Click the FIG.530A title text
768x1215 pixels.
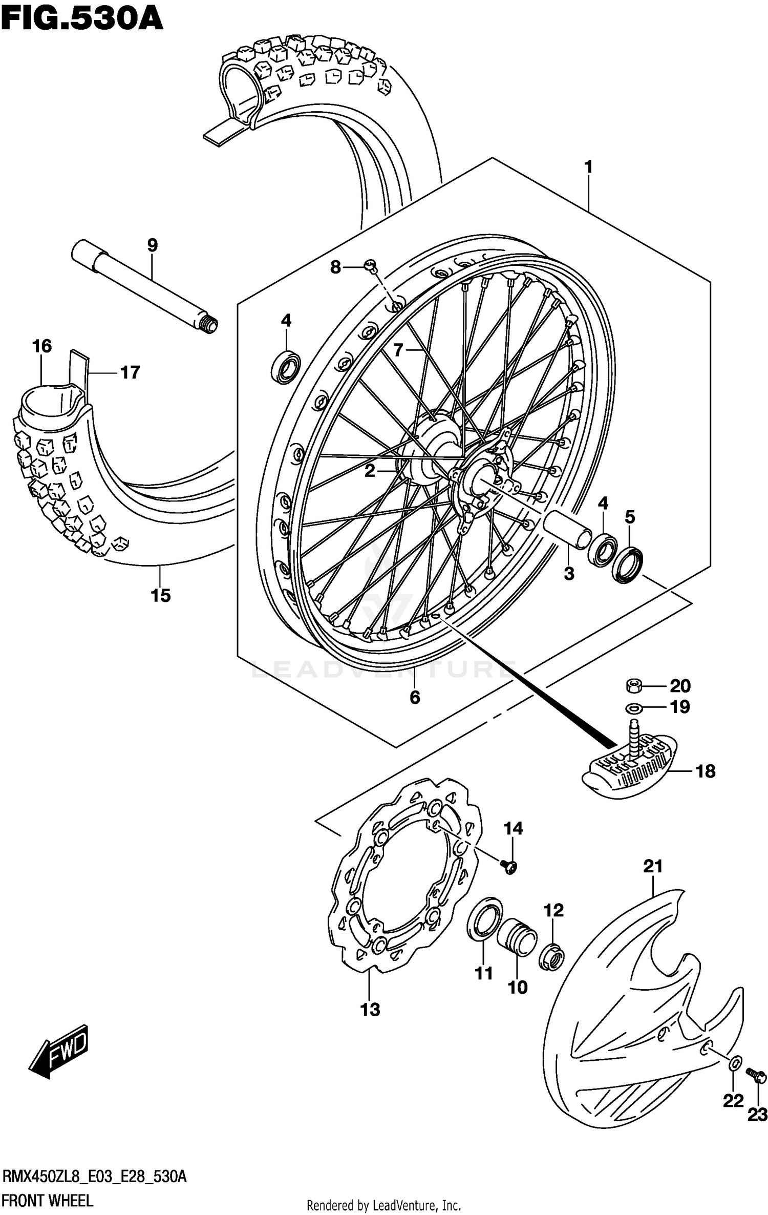click(x=82, y=19)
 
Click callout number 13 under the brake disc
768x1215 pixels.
click(x=370, y=1009)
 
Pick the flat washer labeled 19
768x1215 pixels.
click(x=633, y=708)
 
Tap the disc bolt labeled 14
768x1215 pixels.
click(x=510, y=866)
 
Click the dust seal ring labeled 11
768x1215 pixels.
click(x=484, y=919)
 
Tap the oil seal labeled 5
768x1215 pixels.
click(x=628, y=565)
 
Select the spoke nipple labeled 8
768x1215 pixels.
click(x=371, y=265)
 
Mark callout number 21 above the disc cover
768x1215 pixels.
click(x=653, y=866)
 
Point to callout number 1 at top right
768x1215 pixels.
click(x=588, y=167)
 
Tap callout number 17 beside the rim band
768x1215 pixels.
click(x=130, y=372)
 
